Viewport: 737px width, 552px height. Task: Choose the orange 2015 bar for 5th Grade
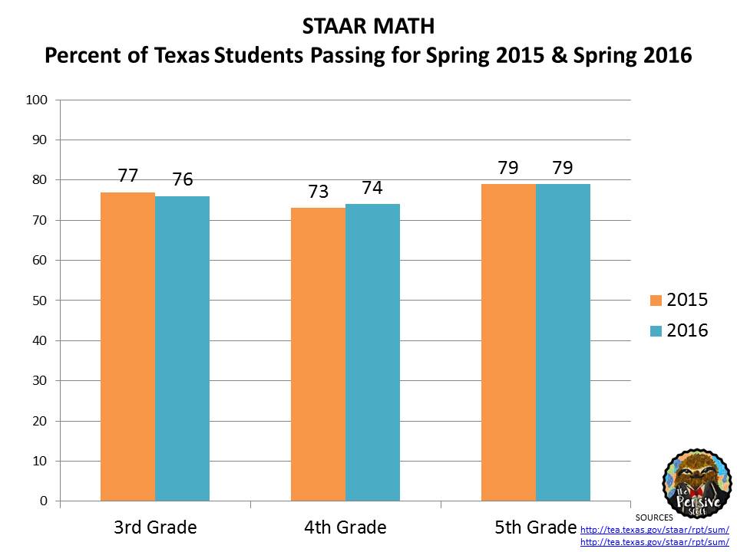pos(508,343)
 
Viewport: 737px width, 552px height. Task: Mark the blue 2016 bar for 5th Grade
pos(563,343)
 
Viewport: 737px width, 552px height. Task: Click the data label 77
pos(127,176)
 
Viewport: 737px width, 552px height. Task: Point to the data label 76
pos(182,180)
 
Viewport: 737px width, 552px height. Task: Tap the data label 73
pos(318,192)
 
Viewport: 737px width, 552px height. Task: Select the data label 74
pos(372,188)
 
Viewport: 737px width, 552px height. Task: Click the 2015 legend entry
pos(678,300)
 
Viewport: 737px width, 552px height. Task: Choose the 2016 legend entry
pos(678,330)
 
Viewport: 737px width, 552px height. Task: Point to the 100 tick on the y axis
pos(38,100)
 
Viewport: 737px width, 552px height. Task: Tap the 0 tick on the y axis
pos(44,501)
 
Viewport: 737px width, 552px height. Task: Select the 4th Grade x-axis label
pos(345,527)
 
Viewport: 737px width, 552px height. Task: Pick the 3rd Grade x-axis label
pos(155,527)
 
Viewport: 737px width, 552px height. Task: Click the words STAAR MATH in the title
pos(368,27)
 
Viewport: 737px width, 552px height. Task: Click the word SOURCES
pos(654,517)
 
